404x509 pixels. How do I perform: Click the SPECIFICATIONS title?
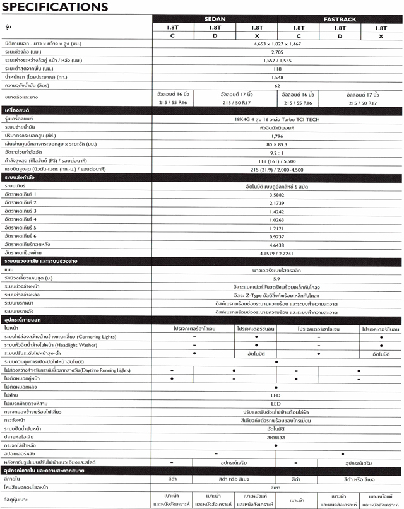pos(55,7)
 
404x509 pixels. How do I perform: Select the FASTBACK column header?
pos(340,20)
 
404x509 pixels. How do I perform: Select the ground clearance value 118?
pos(277,67)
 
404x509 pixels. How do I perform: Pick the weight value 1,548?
pos(277,76)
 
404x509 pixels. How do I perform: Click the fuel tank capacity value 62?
pos(277,85)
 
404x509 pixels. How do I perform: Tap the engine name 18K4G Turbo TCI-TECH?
pos(277,119)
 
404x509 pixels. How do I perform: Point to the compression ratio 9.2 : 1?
pos(277,153)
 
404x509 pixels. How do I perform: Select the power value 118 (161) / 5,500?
pos(277,161)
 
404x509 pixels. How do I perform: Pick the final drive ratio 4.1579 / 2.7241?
pos(277,252)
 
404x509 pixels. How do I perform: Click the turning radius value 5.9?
pos(277,278)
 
